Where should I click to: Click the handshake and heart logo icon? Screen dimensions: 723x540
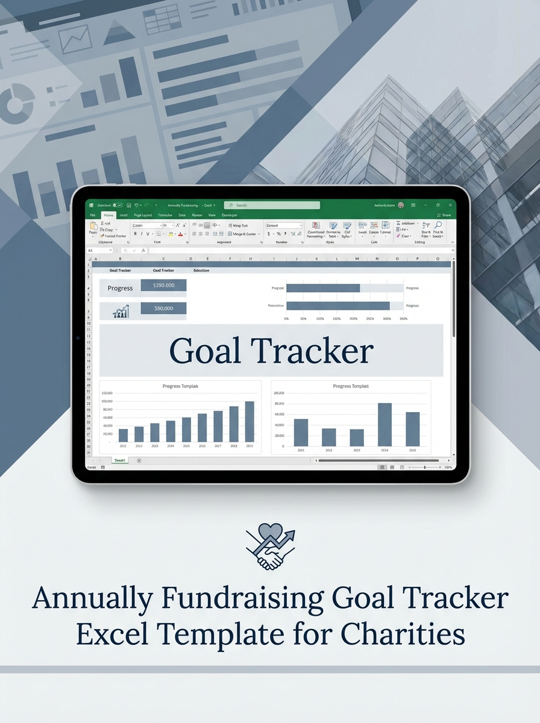270,546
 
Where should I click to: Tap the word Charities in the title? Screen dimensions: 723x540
403,634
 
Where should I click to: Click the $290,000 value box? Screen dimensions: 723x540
163,285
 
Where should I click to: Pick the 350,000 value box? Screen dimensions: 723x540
163,308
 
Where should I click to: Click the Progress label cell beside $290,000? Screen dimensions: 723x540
120,288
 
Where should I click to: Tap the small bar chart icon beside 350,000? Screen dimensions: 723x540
121,311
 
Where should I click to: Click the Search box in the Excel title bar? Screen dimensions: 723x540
271,205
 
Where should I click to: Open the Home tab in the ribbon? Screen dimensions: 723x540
108,215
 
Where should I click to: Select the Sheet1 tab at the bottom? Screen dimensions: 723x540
120,460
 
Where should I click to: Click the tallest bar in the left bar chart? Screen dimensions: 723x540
250,422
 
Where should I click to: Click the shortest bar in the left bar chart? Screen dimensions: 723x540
123,435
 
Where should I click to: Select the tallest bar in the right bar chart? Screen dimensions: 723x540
385,424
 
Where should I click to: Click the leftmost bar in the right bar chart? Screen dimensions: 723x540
301,432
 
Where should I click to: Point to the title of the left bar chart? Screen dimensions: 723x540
180,386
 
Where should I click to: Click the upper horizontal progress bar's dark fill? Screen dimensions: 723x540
322,288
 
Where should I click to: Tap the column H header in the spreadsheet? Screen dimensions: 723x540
250,258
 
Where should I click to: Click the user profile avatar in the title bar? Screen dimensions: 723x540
401,205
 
